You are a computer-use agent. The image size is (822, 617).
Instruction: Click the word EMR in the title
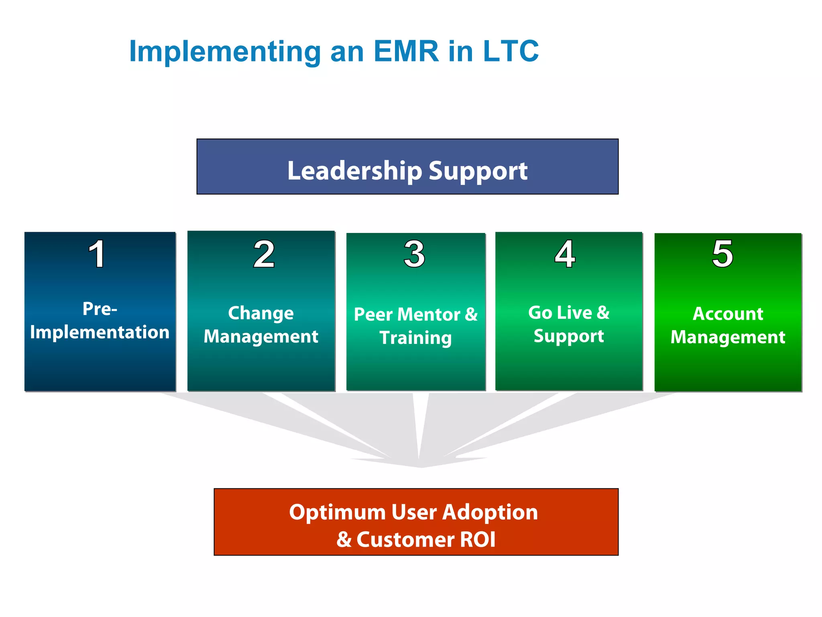click(406, 51)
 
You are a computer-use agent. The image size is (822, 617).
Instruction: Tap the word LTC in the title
click(511, 51)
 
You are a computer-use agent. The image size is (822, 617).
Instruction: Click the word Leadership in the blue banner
click(354, 171)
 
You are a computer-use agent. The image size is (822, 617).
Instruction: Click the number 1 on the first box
click(97, 254)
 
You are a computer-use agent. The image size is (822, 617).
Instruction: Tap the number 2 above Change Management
click(264, 254)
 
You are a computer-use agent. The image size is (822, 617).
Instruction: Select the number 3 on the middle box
click(414, 254)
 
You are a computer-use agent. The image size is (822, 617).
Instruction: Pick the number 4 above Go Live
click(565, 254)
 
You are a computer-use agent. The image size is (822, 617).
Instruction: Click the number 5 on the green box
click(722, 254)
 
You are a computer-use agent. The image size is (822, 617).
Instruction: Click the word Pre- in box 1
click(100, 309)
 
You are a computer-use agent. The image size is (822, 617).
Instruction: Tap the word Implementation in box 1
click(100, 333)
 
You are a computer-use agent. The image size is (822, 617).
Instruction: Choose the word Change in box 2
click(261, 313)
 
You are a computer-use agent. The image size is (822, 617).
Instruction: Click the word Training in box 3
click(415, 338)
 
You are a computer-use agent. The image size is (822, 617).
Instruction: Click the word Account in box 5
click(728, 314)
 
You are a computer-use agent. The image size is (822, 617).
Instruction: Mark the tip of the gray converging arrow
click(421, 467)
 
